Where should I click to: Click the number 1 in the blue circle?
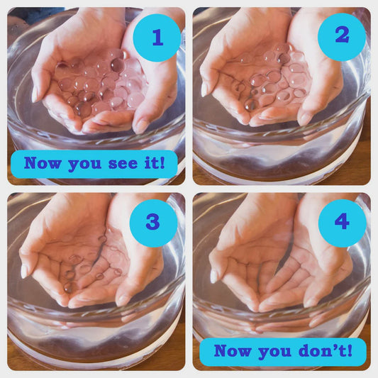tap(157, 38)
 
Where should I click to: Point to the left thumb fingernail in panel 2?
tap(205, 89)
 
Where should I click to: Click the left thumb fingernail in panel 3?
tap(26, 271)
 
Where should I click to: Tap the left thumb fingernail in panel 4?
tap(213, 275)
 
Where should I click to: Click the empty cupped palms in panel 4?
tap(280, 273)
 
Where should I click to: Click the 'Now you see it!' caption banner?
tap(94, 163)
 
